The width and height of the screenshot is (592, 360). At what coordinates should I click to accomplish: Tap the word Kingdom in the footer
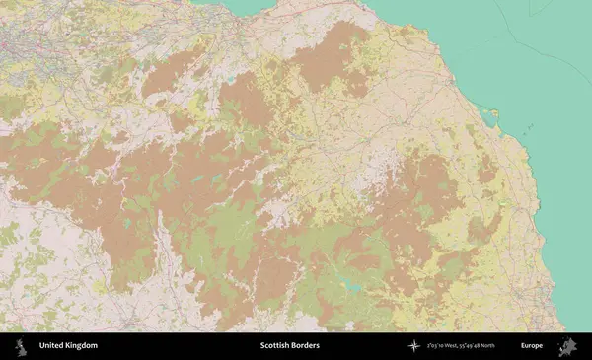pos(81,346)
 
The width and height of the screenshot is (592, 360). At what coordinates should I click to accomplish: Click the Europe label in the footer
pos(531,346)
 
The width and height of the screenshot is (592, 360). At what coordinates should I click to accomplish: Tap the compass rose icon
pos(414,346)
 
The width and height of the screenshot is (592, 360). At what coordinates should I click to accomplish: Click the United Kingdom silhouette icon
pos(21,346)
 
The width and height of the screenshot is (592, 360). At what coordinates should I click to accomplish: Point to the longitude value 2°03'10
pos(437,346)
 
